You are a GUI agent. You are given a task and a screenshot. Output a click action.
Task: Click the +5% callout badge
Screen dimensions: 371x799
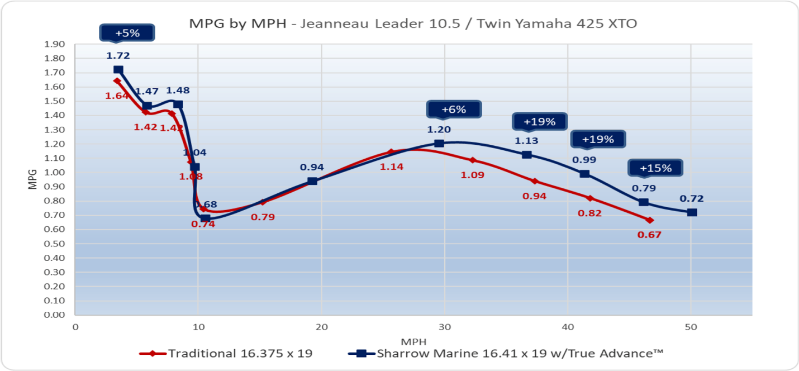(x=127, y=33)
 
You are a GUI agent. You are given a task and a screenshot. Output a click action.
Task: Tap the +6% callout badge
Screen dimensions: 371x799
(x=453, y=110)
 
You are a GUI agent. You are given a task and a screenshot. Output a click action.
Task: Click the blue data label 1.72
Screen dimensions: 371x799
(x=118, y=56)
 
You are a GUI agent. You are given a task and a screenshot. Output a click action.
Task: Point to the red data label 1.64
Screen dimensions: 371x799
(x=117, y=96)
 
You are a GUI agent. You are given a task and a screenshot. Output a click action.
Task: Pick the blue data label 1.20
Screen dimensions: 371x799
(x=439, y=130)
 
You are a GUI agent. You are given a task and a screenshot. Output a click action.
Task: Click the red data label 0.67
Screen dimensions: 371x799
(x=649, y=235)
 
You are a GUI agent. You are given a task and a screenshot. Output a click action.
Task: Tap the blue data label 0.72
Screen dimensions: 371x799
(x=692, y=198)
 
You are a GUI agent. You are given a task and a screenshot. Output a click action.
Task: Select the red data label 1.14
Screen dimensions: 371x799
(x=391, y=167)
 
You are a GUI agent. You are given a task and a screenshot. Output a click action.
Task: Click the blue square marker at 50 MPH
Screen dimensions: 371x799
(x=692, y=212)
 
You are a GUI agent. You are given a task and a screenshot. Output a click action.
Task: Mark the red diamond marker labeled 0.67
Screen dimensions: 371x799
(x=649, y=220)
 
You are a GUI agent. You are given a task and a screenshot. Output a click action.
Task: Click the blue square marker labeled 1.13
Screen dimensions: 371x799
(x=526, y=154)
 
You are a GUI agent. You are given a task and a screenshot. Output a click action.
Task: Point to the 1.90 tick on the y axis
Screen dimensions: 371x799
(x=55, y=45)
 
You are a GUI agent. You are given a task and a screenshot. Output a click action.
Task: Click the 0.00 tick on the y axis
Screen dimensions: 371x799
(x=55, y=315)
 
